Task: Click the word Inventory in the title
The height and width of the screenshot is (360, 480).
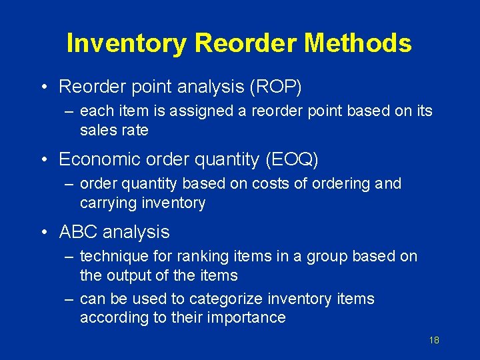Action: [x=127, y=43]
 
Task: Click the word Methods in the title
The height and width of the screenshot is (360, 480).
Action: [x=358, y=43]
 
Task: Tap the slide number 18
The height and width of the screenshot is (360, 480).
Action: [x=434, y=341]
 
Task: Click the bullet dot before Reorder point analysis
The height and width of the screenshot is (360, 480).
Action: [x=43, y=87]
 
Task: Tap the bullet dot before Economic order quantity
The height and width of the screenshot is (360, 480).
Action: [x=43, y=160]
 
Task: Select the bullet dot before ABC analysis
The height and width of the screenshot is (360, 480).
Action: [x=43, y=233]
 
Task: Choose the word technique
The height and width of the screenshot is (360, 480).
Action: [x=115, y=256]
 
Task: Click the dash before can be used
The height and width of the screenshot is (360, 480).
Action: [x=69, y=299]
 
